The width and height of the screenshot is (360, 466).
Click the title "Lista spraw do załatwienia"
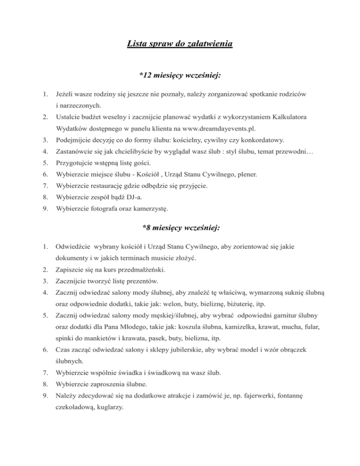(x=180, y=45)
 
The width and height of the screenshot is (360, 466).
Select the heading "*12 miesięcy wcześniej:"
(x=180, y=75)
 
